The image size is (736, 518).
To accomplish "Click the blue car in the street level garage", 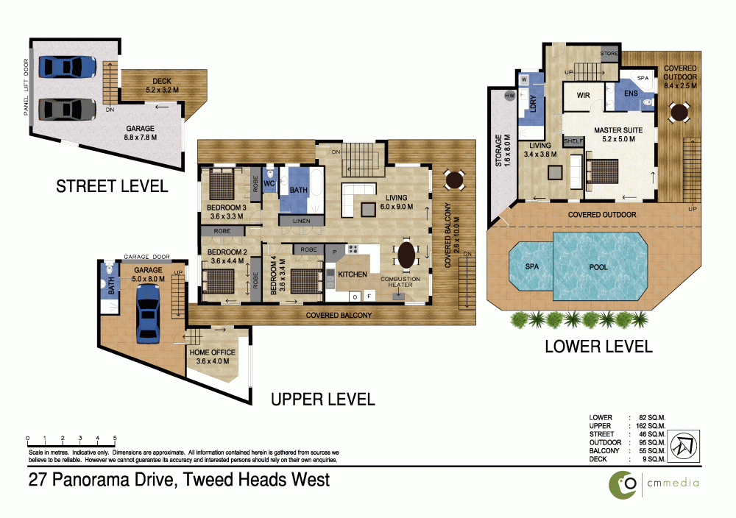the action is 68,67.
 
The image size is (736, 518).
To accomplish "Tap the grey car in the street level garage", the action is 68,110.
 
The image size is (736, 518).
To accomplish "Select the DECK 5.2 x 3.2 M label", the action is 162,85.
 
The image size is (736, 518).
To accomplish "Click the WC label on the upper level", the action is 269,183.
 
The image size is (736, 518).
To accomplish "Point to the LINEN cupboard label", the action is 301,221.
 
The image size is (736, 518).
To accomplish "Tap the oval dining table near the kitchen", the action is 406,253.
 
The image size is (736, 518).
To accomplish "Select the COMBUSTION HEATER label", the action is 400,282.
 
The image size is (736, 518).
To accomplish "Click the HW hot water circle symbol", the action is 510,95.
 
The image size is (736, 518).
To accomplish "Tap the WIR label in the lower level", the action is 584,95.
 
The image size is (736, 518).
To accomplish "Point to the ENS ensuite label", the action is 631,93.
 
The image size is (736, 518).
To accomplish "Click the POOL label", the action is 598,267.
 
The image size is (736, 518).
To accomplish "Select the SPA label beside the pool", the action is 532,266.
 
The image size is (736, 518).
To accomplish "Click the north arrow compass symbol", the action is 683,446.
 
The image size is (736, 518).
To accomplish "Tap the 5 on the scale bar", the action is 115,438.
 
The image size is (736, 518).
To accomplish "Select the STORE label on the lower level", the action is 609,54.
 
